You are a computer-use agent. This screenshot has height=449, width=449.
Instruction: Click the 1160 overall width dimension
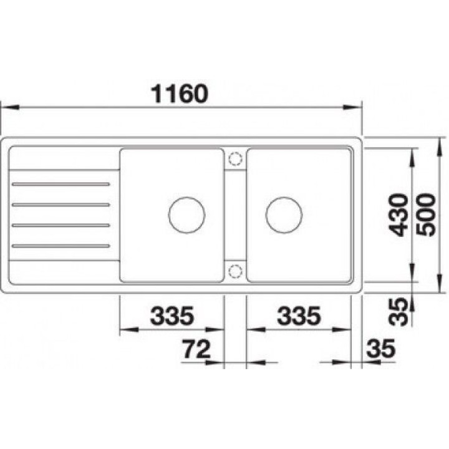click(180, 94)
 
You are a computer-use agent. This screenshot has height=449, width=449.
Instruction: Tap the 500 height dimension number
click(426, 215)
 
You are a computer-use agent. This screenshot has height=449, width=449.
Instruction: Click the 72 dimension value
click(196, 349)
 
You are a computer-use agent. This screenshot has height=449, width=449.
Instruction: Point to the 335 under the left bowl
click(172, 316)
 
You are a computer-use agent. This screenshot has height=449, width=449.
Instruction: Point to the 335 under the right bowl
click(299, 316)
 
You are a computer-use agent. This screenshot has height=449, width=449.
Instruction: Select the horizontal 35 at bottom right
click(381, 349)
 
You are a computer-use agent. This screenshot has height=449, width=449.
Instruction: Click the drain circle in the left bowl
click(186, 215)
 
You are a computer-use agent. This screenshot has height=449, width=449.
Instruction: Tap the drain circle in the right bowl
click(284, 215)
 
